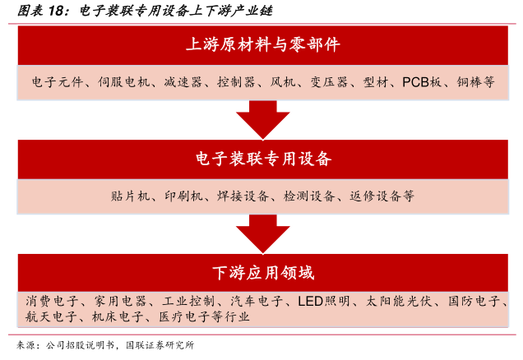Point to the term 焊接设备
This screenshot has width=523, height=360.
tap(245, 196)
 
